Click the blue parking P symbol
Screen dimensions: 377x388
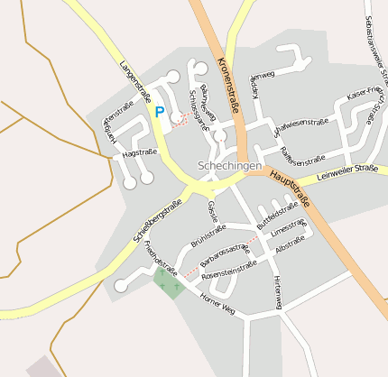160,113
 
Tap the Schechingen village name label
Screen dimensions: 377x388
229,166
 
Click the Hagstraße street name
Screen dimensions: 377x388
139,153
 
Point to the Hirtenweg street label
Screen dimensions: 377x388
276,290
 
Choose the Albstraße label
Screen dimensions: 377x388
290,242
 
